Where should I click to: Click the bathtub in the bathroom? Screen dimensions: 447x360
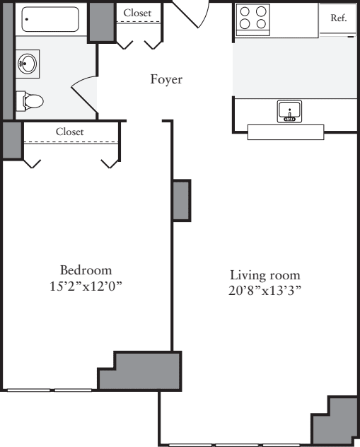(x=50, y=20)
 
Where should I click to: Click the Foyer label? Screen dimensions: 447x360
(x=166, y=79)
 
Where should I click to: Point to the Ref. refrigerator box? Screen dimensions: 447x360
(x=338, y=19)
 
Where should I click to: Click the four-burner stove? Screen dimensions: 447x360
(x=254, y=18)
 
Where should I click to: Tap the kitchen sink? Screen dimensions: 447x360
(x=289, y=111)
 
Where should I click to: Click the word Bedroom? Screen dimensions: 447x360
(x=86, y=270)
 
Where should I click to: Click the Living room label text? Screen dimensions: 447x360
(x=265, y=275)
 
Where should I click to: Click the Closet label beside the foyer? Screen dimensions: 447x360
(x=137, y=13)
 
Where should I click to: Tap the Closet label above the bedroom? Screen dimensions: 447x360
(x=69, y=132)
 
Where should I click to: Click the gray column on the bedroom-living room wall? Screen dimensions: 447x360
(x=181, y=200)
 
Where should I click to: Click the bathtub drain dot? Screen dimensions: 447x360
(x=26, y=19)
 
